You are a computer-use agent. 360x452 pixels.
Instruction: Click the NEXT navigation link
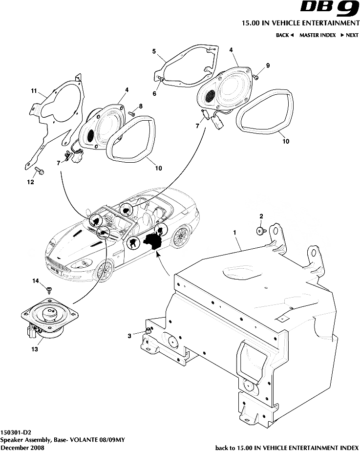[x=350, y=35]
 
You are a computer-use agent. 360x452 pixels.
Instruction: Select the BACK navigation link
[x=284, y=35]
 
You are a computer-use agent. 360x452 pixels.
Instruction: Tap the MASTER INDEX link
[x=318, y=35]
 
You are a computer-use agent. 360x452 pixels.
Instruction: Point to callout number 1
[x=235, y=233]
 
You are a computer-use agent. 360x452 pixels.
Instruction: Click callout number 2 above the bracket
[x=261, y=215]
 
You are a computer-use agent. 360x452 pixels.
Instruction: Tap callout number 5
[x=154, y=51]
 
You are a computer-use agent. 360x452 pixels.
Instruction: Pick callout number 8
[x=141, y=106]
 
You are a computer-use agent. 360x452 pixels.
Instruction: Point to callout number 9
[x=268, y=65]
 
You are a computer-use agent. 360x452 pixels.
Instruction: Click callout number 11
[x=34, y=91]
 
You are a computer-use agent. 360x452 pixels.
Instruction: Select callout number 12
[x=30, y=182]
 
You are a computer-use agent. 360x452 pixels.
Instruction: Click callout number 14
[x=35, y=281]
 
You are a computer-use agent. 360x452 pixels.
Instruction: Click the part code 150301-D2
[x=16, y=432]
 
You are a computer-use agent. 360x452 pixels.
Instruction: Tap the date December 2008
[x=22, y=447]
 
